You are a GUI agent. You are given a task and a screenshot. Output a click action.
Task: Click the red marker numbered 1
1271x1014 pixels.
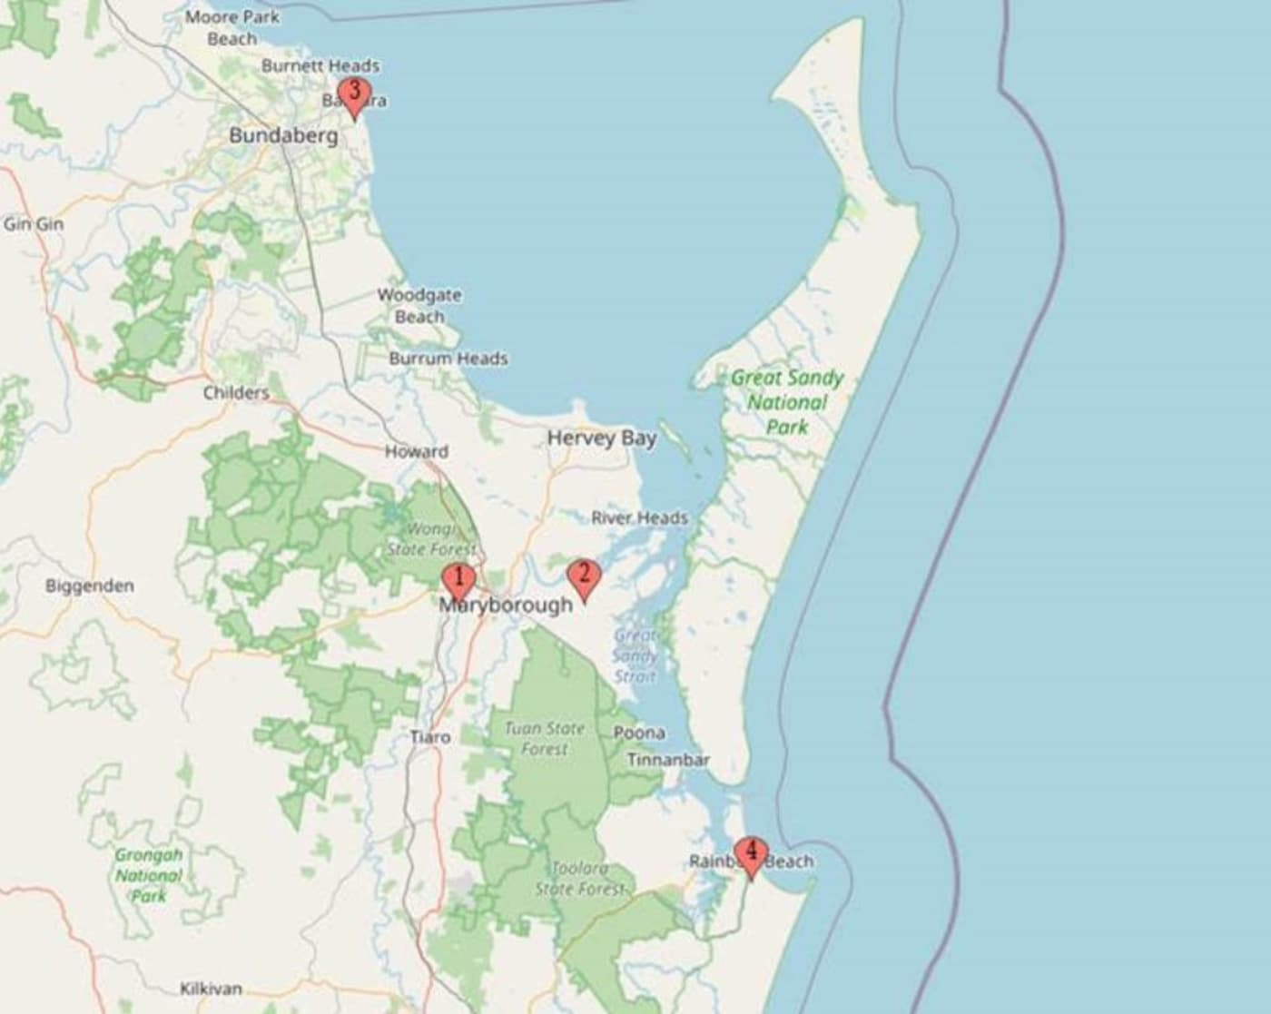click(x=458, y=580)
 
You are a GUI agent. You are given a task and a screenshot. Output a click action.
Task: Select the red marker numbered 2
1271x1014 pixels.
click(x=584, y=576)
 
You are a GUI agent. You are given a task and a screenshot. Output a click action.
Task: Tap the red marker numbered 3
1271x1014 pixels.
click(x=354, y=94)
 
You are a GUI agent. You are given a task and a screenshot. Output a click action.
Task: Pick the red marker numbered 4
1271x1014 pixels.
click(x=751, y=854)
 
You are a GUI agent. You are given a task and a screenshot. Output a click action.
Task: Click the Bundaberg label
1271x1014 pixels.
click(x=283, y=136)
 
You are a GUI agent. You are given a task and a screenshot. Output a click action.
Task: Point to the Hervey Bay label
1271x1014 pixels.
click(x=601, y=438)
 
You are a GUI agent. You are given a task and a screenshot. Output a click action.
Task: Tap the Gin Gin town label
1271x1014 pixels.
click(x=34, y=223)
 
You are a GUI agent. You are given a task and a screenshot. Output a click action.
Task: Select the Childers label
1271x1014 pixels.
click(x=236, y=393)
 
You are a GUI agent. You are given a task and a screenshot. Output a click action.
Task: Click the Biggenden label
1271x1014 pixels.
click(x=90, y=586)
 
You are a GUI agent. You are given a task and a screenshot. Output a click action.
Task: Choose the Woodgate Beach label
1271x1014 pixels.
click(x=419, y=306)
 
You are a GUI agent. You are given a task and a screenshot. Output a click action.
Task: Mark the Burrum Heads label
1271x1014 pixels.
click(x=448, y=359)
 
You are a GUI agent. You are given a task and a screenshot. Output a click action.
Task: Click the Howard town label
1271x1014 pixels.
click(x=417, y=451)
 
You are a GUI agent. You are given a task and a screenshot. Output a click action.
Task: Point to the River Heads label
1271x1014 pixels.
click(x=639, y=518)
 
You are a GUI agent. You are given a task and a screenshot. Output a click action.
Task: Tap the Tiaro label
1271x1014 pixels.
click(x=430, y=737)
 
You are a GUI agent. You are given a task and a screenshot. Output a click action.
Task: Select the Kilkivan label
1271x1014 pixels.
click(x=211, y=989)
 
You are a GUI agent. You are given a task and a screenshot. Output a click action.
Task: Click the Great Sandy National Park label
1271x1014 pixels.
click(x=787, y=402)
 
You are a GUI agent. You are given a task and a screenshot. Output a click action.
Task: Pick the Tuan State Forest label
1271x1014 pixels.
click(x=545, y=739)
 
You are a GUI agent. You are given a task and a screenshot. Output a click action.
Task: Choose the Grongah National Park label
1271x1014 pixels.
click(x=149, y=875)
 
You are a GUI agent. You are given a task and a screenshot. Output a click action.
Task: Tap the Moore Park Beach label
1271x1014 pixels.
click(x=232, y=27)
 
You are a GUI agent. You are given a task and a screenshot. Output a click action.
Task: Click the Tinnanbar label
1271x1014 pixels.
click(x=668, y=760)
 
